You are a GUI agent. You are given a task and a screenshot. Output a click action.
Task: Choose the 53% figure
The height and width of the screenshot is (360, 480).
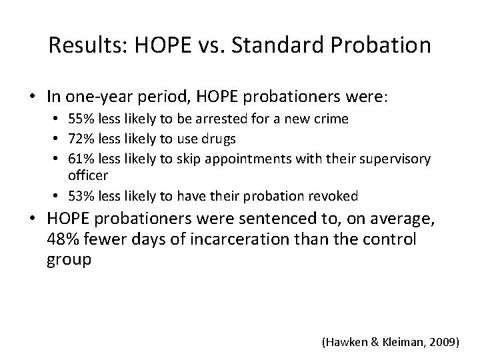pos(79,196)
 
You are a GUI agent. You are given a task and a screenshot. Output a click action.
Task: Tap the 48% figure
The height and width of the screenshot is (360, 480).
pos(63,239)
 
